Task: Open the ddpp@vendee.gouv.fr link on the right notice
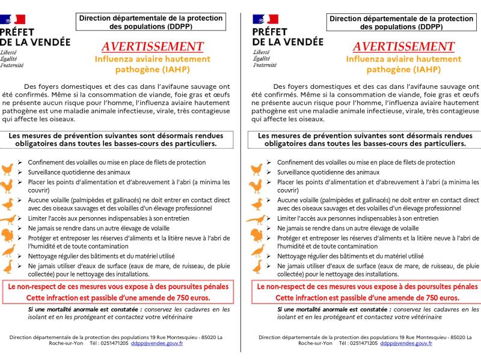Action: pos(409,343)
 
